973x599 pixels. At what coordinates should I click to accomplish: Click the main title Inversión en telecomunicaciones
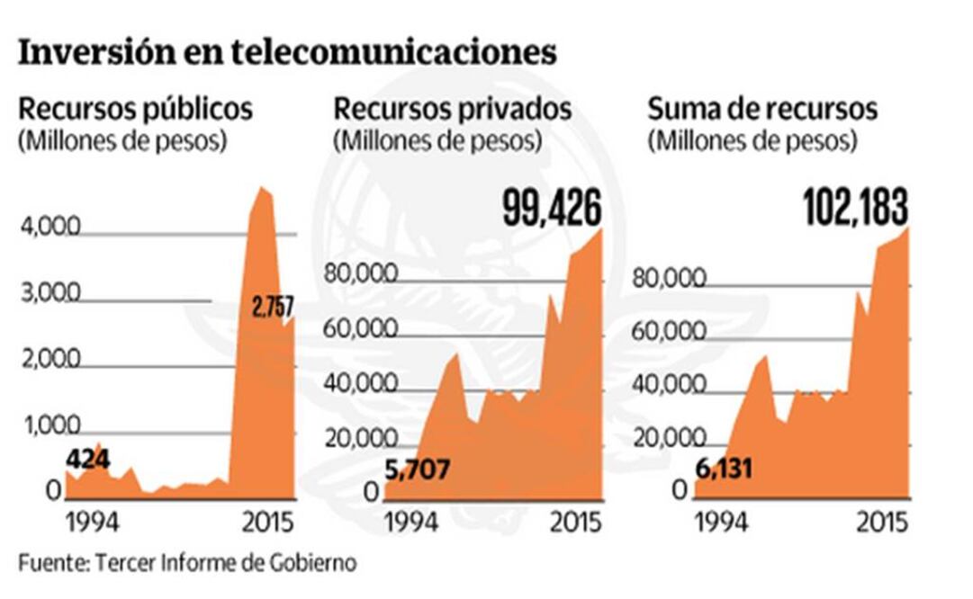[x=287, y=52]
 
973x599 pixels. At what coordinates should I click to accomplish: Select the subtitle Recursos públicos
[x=136, y=110]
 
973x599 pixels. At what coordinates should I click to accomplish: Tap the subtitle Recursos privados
[x=453, y=110]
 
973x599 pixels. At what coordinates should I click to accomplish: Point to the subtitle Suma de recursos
[x=762, y=110]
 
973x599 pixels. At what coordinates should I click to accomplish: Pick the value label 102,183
[x=855, y=209]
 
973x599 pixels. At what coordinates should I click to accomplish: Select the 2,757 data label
[x=273, y=307]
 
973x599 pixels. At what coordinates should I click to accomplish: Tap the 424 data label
[x=86, y=460]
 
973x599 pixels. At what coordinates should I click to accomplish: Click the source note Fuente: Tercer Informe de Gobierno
[x=187, y=564]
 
